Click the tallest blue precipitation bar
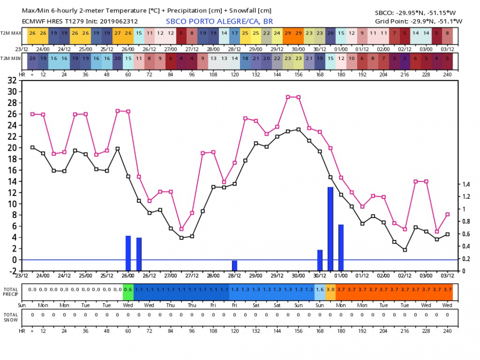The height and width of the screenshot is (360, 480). (x=330, y=229)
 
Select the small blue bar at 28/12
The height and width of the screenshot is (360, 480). (x=235, y=265)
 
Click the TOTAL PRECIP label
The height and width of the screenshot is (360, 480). (x=11, y=292)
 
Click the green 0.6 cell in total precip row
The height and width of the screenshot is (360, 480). (x=128, y=289)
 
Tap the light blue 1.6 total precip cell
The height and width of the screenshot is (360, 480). (x=320, y=289)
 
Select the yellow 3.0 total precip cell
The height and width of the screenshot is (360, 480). (x=330, y=289)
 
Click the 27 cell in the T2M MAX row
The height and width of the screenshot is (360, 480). (x=118, y=33)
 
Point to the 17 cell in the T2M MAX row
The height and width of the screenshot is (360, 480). (x=235, y=33)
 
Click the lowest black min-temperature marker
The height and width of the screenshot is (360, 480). (x=405, y=250)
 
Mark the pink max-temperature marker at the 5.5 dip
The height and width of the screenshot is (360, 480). (x=181, y=229)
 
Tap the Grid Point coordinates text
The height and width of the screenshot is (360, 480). (x=419, y=21)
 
